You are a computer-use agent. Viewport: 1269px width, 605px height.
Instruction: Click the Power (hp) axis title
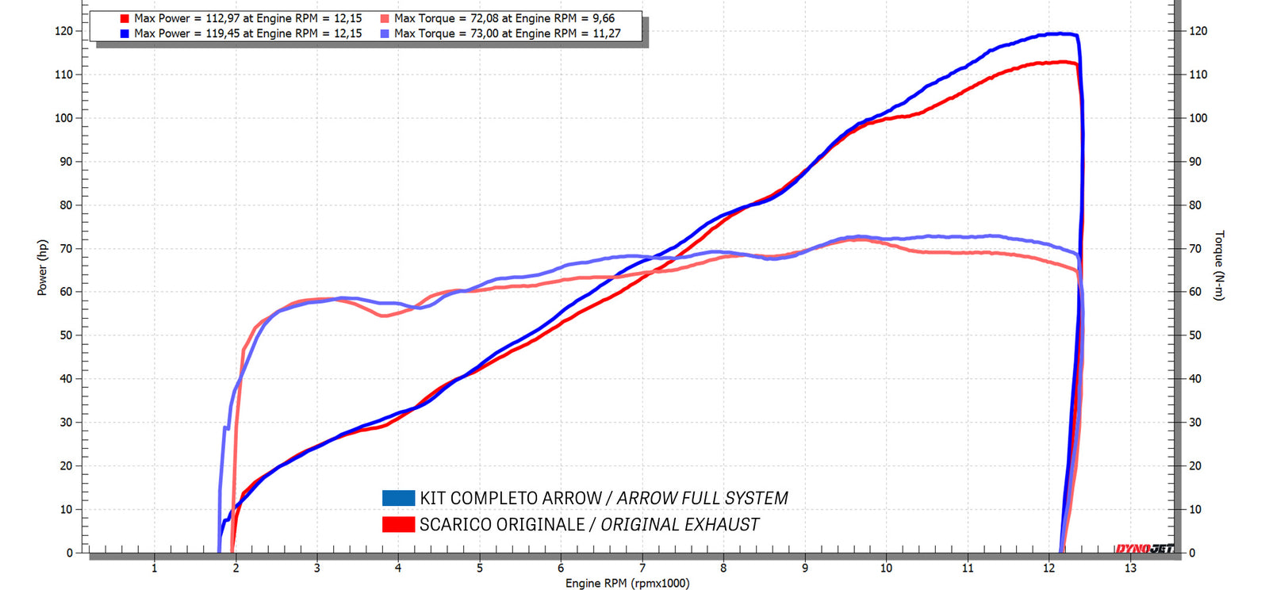coord(42,268)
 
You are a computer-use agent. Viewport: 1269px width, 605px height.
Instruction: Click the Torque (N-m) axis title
coord(1220,266)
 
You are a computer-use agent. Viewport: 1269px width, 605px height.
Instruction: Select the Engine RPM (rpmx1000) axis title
coord(627,584)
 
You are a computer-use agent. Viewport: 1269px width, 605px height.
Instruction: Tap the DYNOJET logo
coord(1144,549)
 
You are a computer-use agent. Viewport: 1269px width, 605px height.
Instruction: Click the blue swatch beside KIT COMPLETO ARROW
coord(398,498)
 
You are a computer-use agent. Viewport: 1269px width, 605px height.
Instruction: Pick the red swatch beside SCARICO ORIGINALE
coord(398,524)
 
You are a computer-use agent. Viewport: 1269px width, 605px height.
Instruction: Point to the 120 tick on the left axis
coord(63,31)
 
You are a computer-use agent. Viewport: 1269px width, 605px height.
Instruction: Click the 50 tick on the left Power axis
coord(66,335)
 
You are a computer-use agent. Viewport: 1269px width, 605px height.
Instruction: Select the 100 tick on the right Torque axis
coord(1198,118)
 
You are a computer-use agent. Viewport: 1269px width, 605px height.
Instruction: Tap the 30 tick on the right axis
coord(1195,423)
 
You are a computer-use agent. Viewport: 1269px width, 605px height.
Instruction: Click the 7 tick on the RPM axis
coord(642,568)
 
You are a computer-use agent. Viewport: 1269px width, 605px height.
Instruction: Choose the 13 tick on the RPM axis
coord(1130,568)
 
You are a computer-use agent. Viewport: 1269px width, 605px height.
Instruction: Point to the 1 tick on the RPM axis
coord(155,568)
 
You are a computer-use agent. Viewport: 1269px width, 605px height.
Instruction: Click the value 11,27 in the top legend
coord(607,33)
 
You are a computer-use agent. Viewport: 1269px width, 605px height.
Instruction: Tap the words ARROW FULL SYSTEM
coord(702,498)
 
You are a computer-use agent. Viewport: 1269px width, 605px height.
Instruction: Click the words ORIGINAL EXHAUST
coord(680,524)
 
